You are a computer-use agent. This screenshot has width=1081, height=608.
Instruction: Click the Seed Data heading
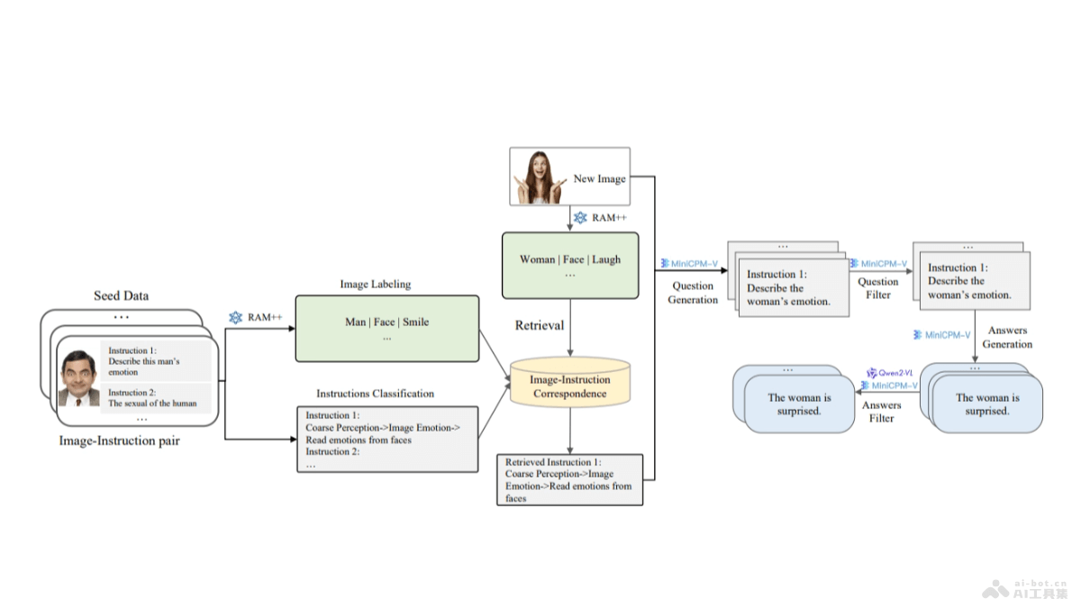(122, 295)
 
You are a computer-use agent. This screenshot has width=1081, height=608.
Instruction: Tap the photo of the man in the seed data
(79, 377)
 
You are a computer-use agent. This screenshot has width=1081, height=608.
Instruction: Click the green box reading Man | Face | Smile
(386, 329)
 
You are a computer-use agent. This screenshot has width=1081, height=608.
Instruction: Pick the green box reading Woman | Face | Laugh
(569, 265)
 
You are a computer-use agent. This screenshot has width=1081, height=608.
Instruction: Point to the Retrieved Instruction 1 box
(569, 480)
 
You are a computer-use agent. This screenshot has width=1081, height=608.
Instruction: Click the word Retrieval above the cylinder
(540, 325)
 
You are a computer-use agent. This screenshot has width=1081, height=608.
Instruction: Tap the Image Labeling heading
(375, 284)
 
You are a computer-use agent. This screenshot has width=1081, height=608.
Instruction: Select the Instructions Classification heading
(375, 394)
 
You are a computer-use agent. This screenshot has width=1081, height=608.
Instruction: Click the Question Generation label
(693, 293)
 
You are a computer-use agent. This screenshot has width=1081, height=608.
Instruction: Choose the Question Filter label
(878, 287)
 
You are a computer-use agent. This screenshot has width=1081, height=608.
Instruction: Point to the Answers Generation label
(1007, 337)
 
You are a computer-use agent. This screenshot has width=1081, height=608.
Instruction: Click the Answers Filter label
(882, 412)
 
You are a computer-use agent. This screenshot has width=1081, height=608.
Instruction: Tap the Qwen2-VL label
(895, 372)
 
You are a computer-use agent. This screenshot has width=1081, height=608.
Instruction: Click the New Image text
(599, 178)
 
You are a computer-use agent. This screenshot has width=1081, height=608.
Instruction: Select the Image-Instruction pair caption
(119, 440)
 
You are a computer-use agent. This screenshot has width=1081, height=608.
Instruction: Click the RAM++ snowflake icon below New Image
(580, 218)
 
